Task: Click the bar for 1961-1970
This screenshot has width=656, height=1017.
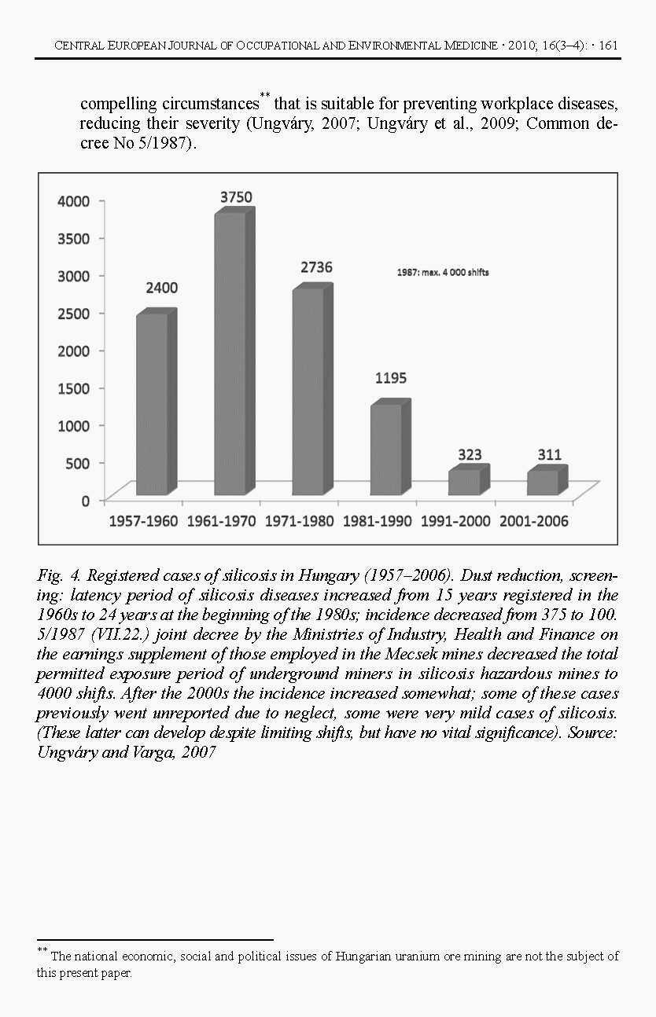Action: pos(230,354)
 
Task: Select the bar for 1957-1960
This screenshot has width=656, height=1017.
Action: pos(152,404)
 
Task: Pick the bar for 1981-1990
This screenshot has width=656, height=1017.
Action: pos(385,449)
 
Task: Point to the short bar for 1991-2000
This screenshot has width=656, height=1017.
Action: pos(464,482)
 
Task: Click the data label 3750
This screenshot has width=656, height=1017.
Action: pos(236,197)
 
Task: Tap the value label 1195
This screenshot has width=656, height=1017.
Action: pos(390,378)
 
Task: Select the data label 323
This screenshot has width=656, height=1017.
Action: pos(470,454)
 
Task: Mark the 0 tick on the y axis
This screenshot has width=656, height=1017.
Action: pos(85,500)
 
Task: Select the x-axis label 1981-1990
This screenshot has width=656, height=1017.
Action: pos(377,521)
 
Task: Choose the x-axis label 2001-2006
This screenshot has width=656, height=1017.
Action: pos(533,521)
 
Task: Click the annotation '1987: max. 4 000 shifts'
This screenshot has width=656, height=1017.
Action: pos(441,273)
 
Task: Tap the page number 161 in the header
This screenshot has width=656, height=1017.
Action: pos(608,46)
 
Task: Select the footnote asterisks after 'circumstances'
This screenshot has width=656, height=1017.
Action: pos(265,97)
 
